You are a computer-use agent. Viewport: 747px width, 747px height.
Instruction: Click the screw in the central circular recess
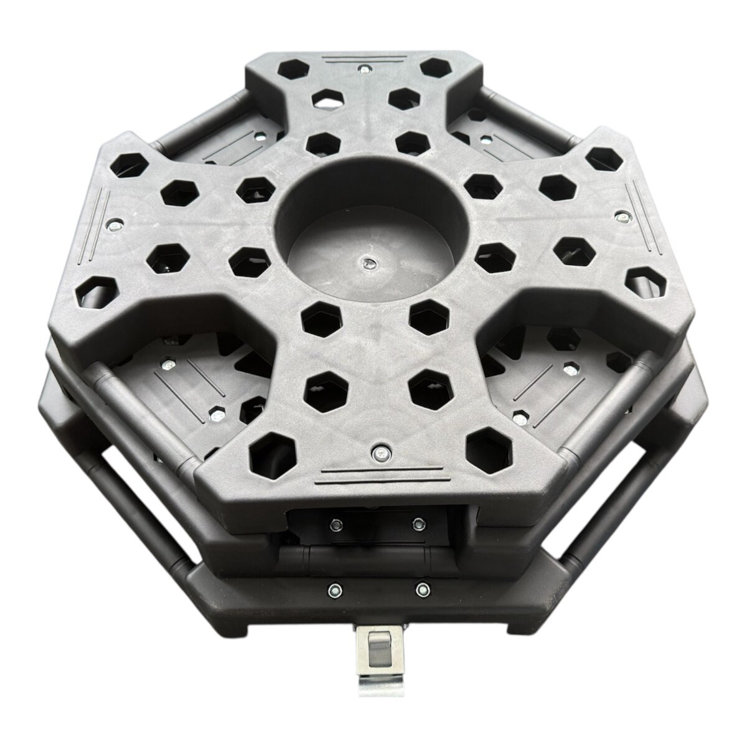point(369,264)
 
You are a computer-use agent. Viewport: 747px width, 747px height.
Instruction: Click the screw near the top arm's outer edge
point(363,68)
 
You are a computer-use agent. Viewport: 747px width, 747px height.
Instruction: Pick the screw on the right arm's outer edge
point(621,217)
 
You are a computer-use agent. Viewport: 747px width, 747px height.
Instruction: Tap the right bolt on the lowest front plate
point(422,587)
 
